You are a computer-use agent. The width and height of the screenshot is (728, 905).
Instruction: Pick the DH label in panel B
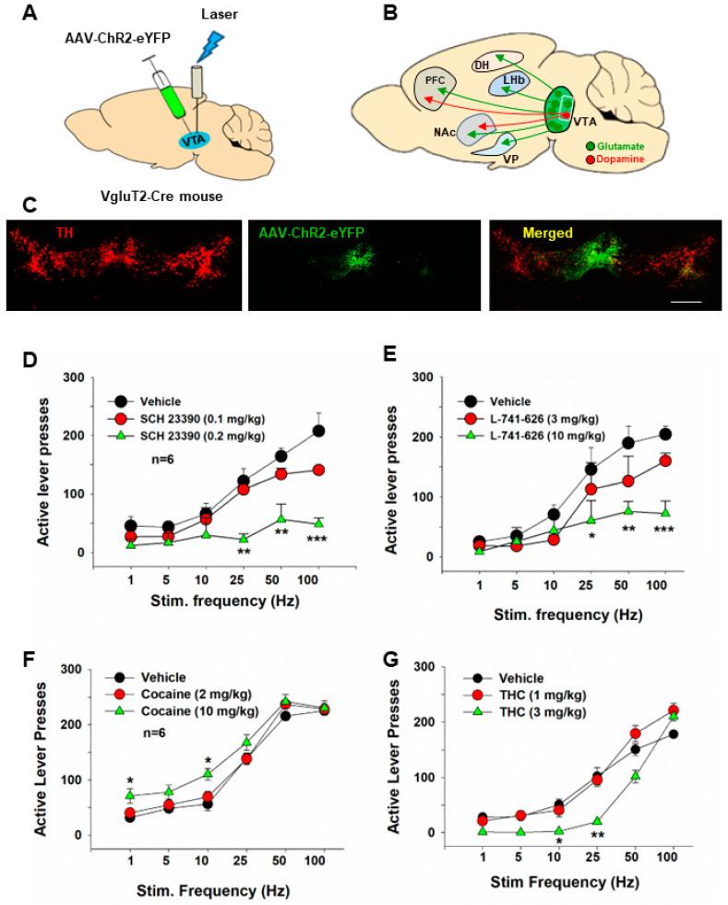click(482, 65)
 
